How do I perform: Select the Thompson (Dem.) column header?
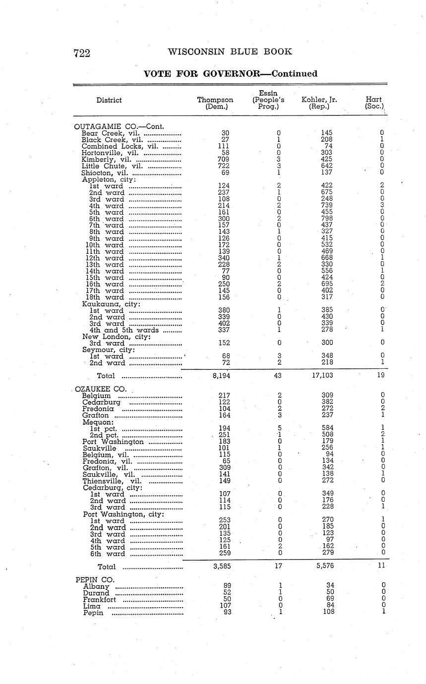(215, 103)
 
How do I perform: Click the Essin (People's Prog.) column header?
(268, 100)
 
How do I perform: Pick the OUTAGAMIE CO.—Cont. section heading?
(119, 126)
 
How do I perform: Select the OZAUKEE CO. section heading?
(99, 389)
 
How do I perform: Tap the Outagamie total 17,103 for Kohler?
(323, 376)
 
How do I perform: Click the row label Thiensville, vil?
(112, 480)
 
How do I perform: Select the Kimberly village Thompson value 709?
(223, 160)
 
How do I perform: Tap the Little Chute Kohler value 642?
(326, 166)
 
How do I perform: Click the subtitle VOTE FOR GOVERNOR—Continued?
(230, 74)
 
